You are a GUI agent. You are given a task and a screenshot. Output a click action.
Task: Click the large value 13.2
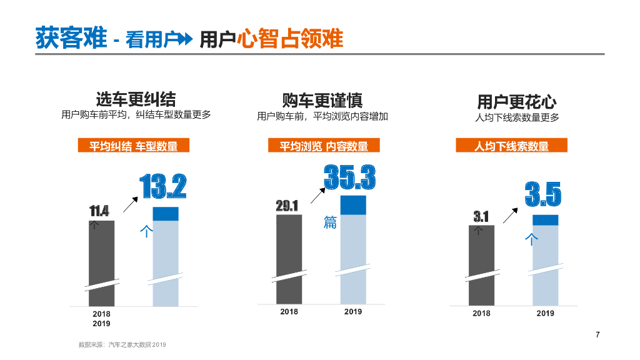pyautogui.click(x=163, y=186)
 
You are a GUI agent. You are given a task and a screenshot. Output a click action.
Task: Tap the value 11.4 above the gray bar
pyautogui.click(x=99, y=211)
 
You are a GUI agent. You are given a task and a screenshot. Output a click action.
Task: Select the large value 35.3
pyautogui.click(x=349, y=177)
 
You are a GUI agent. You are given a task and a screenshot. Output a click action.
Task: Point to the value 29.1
pyautogui.click(x=287, y=206)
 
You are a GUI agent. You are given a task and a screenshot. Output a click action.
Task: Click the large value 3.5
pyautogui.click(x=542, y=194)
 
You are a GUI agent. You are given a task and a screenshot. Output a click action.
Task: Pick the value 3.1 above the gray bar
pyautogui.click(x=481, y=216)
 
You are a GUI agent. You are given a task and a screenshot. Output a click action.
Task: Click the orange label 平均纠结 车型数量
pyautogui.click(x=133, y=146)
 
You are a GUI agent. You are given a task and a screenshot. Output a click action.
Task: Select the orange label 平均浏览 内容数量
pyautogui.click(x=323, y=146)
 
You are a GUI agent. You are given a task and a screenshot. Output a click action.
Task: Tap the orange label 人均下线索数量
pyautogui.click(x=511, y=146)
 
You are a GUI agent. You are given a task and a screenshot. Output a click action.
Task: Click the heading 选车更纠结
pyautogui.click(x=136, y=99)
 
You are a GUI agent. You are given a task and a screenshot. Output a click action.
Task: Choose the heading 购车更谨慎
pyautogui.click(x=322, y=100)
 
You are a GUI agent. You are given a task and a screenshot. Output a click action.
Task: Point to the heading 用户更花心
pyautogui.click(x=516, y=101)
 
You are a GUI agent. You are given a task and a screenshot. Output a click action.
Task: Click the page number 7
pyautogui.click(x=597, y=334)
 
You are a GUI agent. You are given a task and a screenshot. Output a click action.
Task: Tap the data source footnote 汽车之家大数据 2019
pyautogui.click(x=122, y=344)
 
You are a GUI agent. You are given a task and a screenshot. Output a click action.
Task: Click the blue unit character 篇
pyautogui.click(x=330, y=222)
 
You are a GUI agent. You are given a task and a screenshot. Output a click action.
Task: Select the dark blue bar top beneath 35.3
pyautogui.click(x=353, y=205)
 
